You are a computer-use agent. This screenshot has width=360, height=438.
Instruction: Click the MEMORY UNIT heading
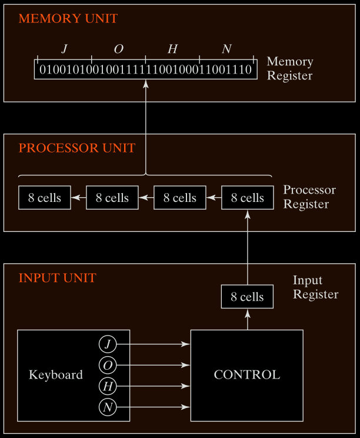click(68, 18)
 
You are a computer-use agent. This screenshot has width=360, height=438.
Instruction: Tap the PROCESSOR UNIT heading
click(77, 148)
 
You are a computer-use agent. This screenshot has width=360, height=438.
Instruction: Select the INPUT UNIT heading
click(58, 278)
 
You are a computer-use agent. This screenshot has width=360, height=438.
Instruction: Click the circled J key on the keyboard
click(107, 344)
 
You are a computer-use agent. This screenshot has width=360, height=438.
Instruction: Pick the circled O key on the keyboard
click(107, 366)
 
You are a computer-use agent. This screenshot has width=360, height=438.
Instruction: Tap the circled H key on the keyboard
click(107, 387)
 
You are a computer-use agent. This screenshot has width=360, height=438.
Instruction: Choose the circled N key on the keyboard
click(107, 407)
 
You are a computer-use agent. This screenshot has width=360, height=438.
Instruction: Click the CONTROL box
click(247, 375)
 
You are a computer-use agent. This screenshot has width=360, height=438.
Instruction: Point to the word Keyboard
click(56, 375)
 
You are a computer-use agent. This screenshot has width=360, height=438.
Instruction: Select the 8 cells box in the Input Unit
click(247, 297)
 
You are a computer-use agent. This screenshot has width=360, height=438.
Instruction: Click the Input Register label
click(316, 287)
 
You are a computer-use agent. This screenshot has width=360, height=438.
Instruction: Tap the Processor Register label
click(309, 197)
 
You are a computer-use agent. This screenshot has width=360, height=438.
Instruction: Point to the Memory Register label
click(290, 68)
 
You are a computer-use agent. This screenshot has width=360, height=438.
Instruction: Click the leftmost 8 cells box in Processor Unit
click(45, 198)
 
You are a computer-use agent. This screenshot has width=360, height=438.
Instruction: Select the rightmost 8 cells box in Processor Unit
click(247, 198)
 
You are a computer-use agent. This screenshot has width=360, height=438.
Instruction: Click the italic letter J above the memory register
click(64, 49)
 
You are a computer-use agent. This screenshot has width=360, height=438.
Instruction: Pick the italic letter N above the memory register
click(226, 49)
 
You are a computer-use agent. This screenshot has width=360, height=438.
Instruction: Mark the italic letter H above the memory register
click(172, 49)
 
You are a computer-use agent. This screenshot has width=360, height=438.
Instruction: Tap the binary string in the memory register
click(145, 70)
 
